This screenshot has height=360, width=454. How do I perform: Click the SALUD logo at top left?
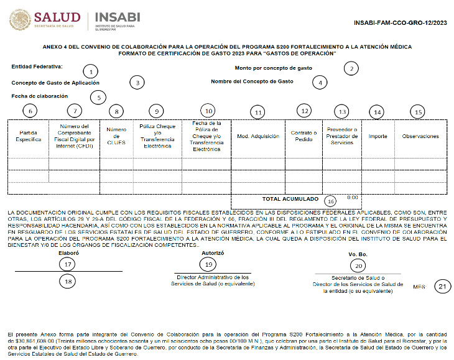coord(45,19)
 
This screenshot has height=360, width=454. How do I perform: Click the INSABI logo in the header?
coord(118,19)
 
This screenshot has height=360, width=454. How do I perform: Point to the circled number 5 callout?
coord(98,97)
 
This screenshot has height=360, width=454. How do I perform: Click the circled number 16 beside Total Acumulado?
coord(330,201)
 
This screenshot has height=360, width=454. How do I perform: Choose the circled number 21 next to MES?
coord(442,287)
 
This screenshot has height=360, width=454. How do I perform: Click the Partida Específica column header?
coord(28,136)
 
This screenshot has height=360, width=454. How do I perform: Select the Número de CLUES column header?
coord(116,136)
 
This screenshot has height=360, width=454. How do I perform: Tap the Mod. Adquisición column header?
coord(258,136)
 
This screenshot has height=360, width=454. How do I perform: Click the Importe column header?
coord(378,136)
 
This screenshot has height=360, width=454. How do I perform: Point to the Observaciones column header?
coord(420,136)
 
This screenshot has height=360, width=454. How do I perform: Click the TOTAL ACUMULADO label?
coord(290,200)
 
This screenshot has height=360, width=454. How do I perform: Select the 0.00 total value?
coord(352,197)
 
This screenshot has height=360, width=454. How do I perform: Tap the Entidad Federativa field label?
coord(37,67)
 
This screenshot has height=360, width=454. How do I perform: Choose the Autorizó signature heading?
coord(213,253)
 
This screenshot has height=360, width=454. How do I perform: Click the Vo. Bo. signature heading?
coord(358,254)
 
